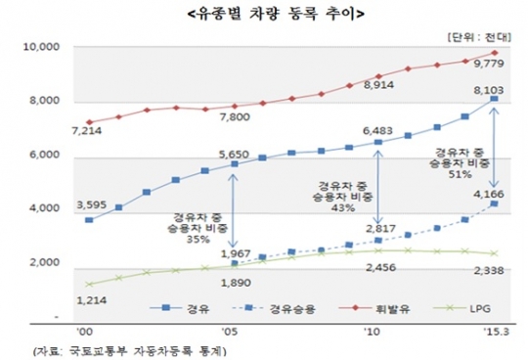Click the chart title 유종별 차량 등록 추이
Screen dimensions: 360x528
264,13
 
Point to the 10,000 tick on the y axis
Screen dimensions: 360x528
42,47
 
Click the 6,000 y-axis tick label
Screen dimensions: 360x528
45,156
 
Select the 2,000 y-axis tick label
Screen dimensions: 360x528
45,264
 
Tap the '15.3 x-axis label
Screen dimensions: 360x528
494,333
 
